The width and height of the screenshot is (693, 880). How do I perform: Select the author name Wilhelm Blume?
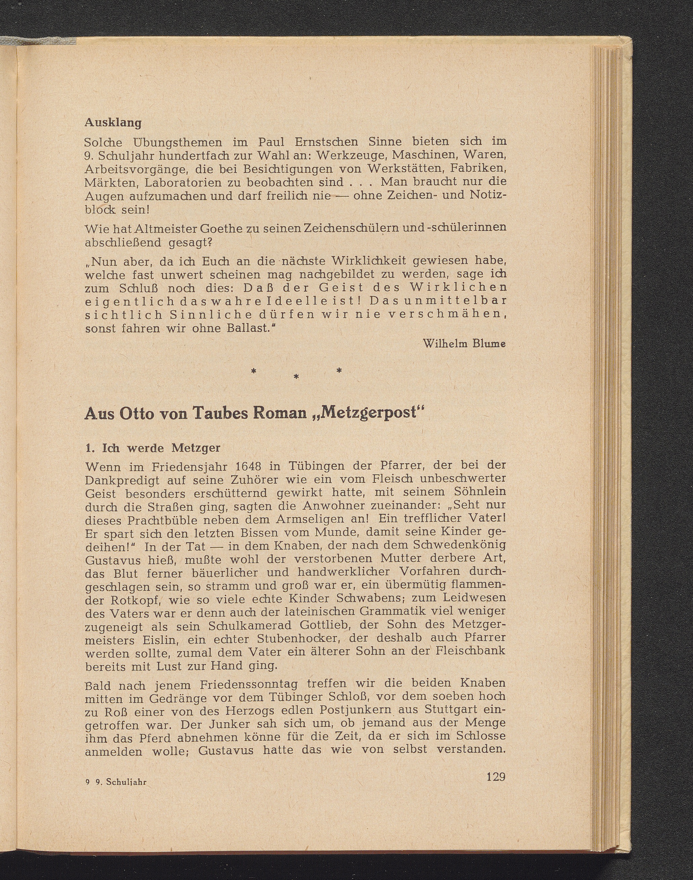tap(464, 343)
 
